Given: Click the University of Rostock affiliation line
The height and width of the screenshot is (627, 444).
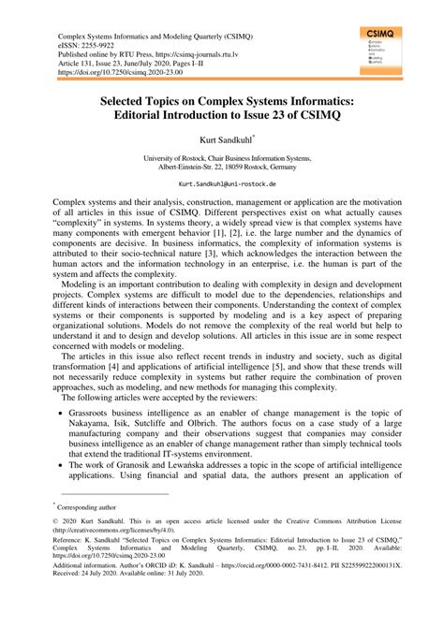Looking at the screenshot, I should click(222, 159).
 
